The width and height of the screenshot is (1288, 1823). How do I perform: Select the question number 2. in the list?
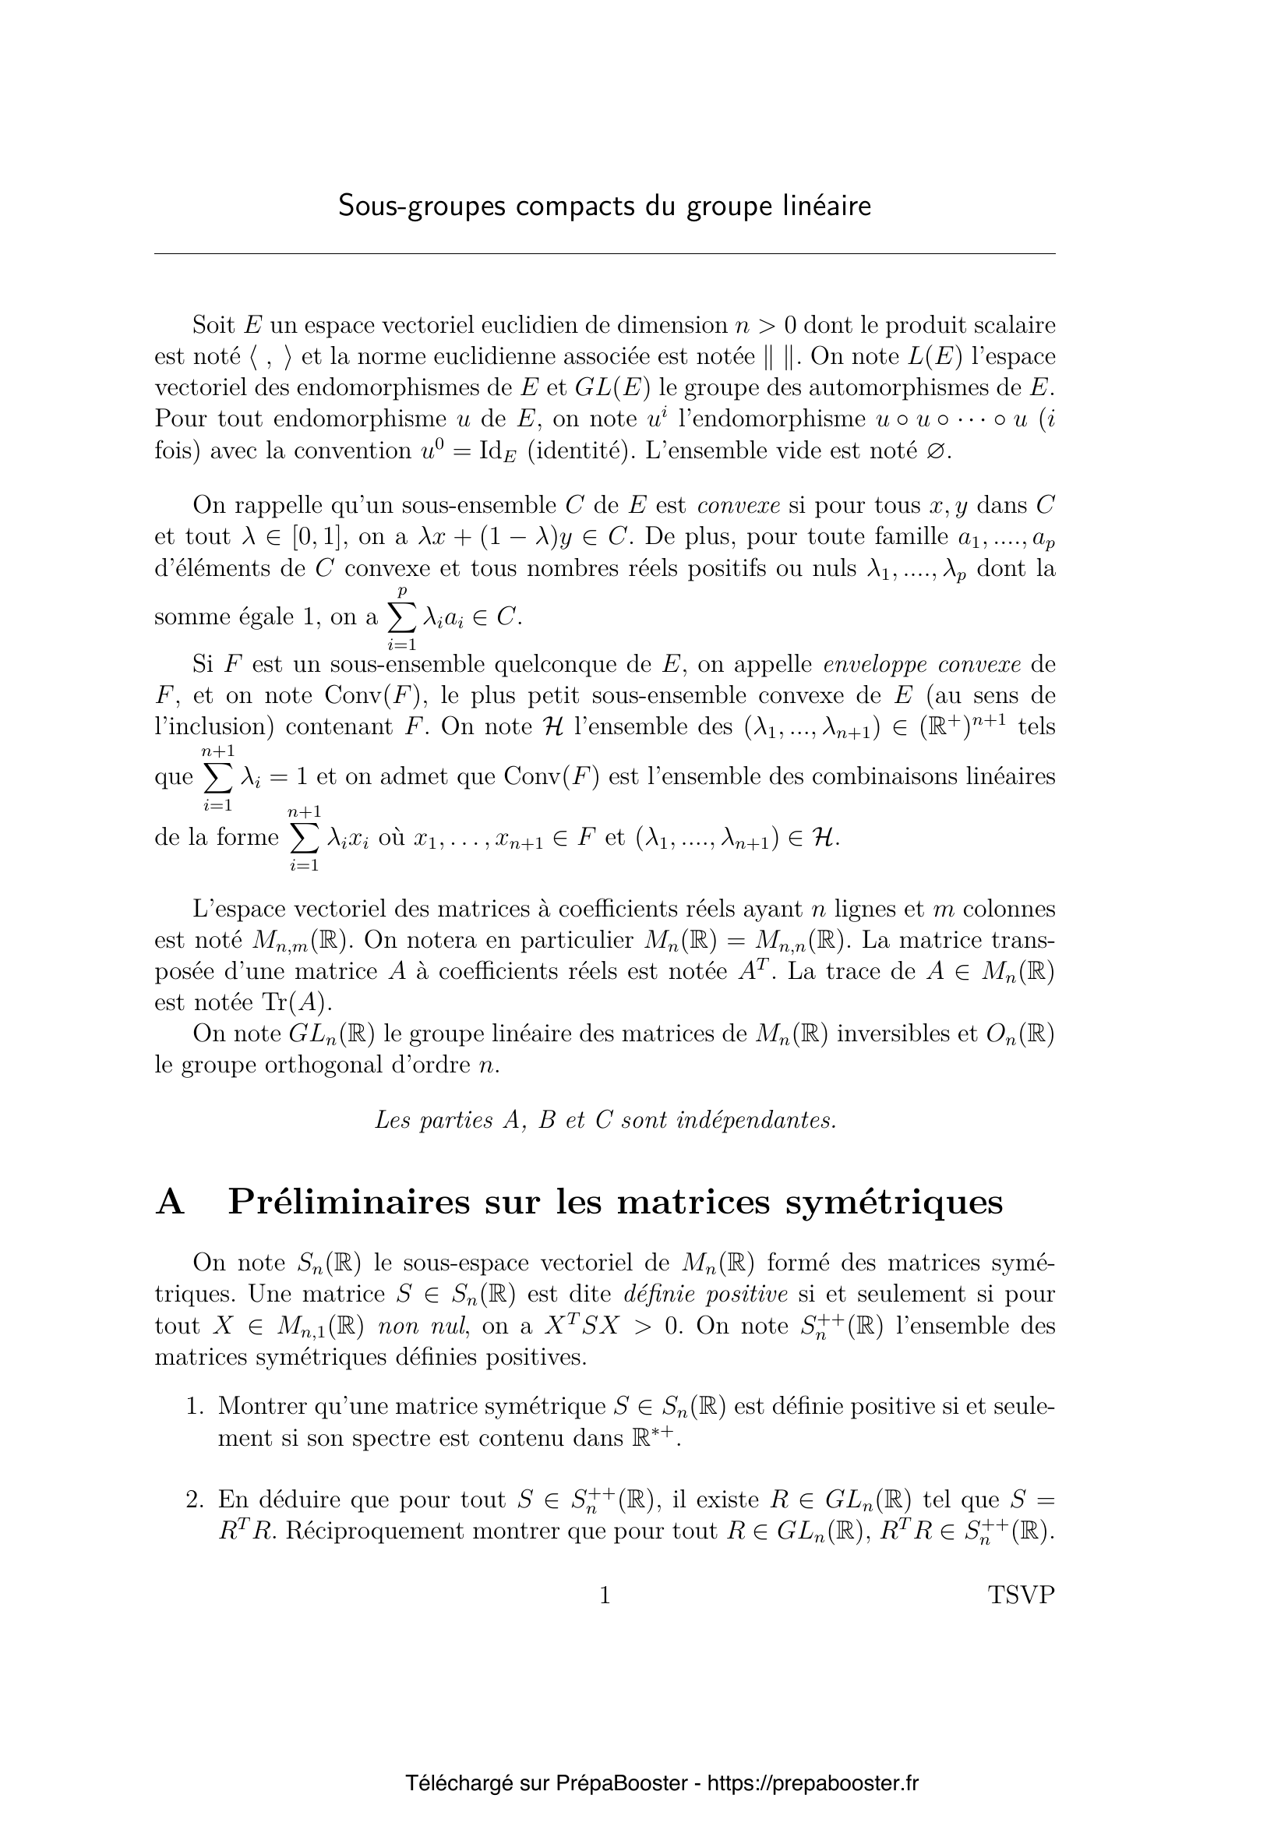196,1500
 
